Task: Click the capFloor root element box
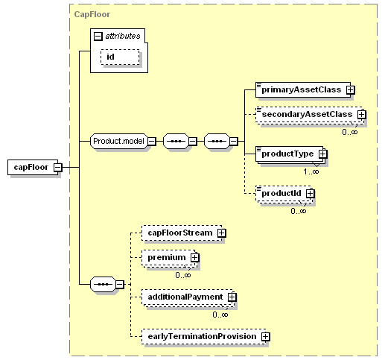[x=33, y=167]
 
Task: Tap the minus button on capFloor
[x=58, y=168]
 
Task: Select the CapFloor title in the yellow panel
[x=92, y=14]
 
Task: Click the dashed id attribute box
[x=120, y=57]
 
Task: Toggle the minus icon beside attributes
[x=98, y=37]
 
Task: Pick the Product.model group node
[x=119, y=142]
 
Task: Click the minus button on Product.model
[x=152, y=142]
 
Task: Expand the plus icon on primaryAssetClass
[x=351, y=89]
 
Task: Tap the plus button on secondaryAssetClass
[x=362, y=115]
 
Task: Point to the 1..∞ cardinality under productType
[x=311, y=171]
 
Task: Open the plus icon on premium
[x=194, y=258]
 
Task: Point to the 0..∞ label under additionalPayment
[x=220, y=315]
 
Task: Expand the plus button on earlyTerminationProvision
[x=265, y=337]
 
